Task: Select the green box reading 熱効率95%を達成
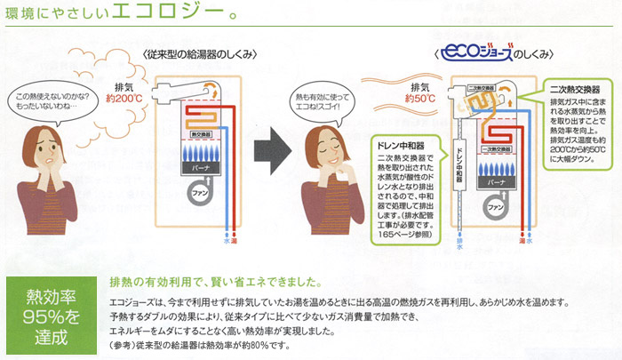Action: [48, 316]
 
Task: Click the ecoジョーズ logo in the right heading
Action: [474, 54]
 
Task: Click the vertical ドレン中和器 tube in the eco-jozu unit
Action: [459, 169]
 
